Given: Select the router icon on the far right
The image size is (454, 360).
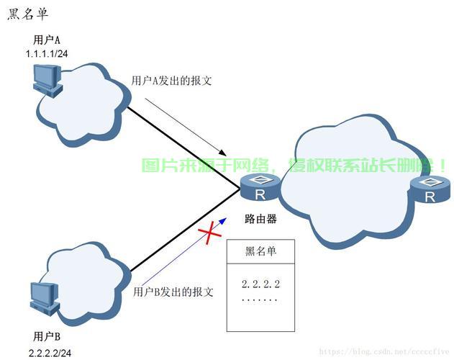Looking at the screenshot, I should click(x=430, y=191).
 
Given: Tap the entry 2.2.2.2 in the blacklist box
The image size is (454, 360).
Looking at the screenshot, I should click(x=260, y=285).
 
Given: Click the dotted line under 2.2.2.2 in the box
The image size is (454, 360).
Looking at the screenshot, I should click(x=259, y=298).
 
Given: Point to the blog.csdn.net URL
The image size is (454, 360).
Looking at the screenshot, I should click(x=385, y=352).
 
